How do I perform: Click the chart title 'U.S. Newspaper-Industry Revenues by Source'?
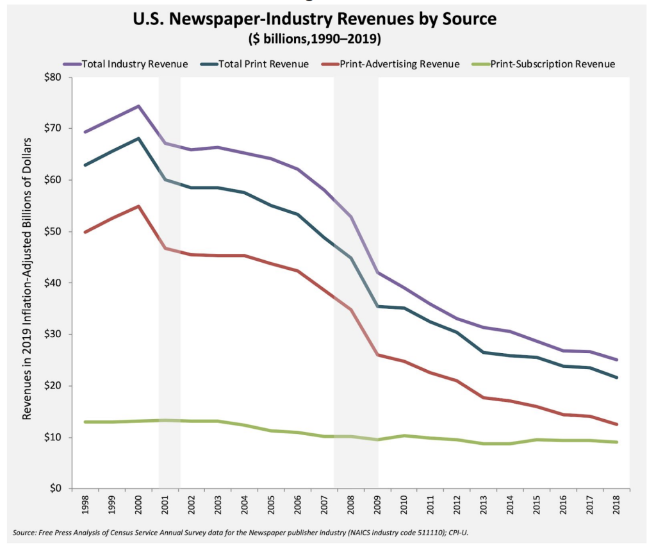click(315, 20)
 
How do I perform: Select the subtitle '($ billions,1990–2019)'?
click(315, 40)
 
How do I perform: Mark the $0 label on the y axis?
click(53, 489)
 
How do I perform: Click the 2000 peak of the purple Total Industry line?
click(138, 106)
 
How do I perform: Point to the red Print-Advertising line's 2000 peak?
click(138, 206)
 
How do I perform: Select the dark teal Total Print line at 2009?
click(377, 306)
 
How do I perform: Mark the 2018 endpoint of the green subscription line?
click(617, 442)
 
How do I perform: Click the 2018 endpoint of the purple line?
click(617, 360)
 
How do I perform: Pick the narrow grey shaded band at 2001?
click(169, 282)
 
